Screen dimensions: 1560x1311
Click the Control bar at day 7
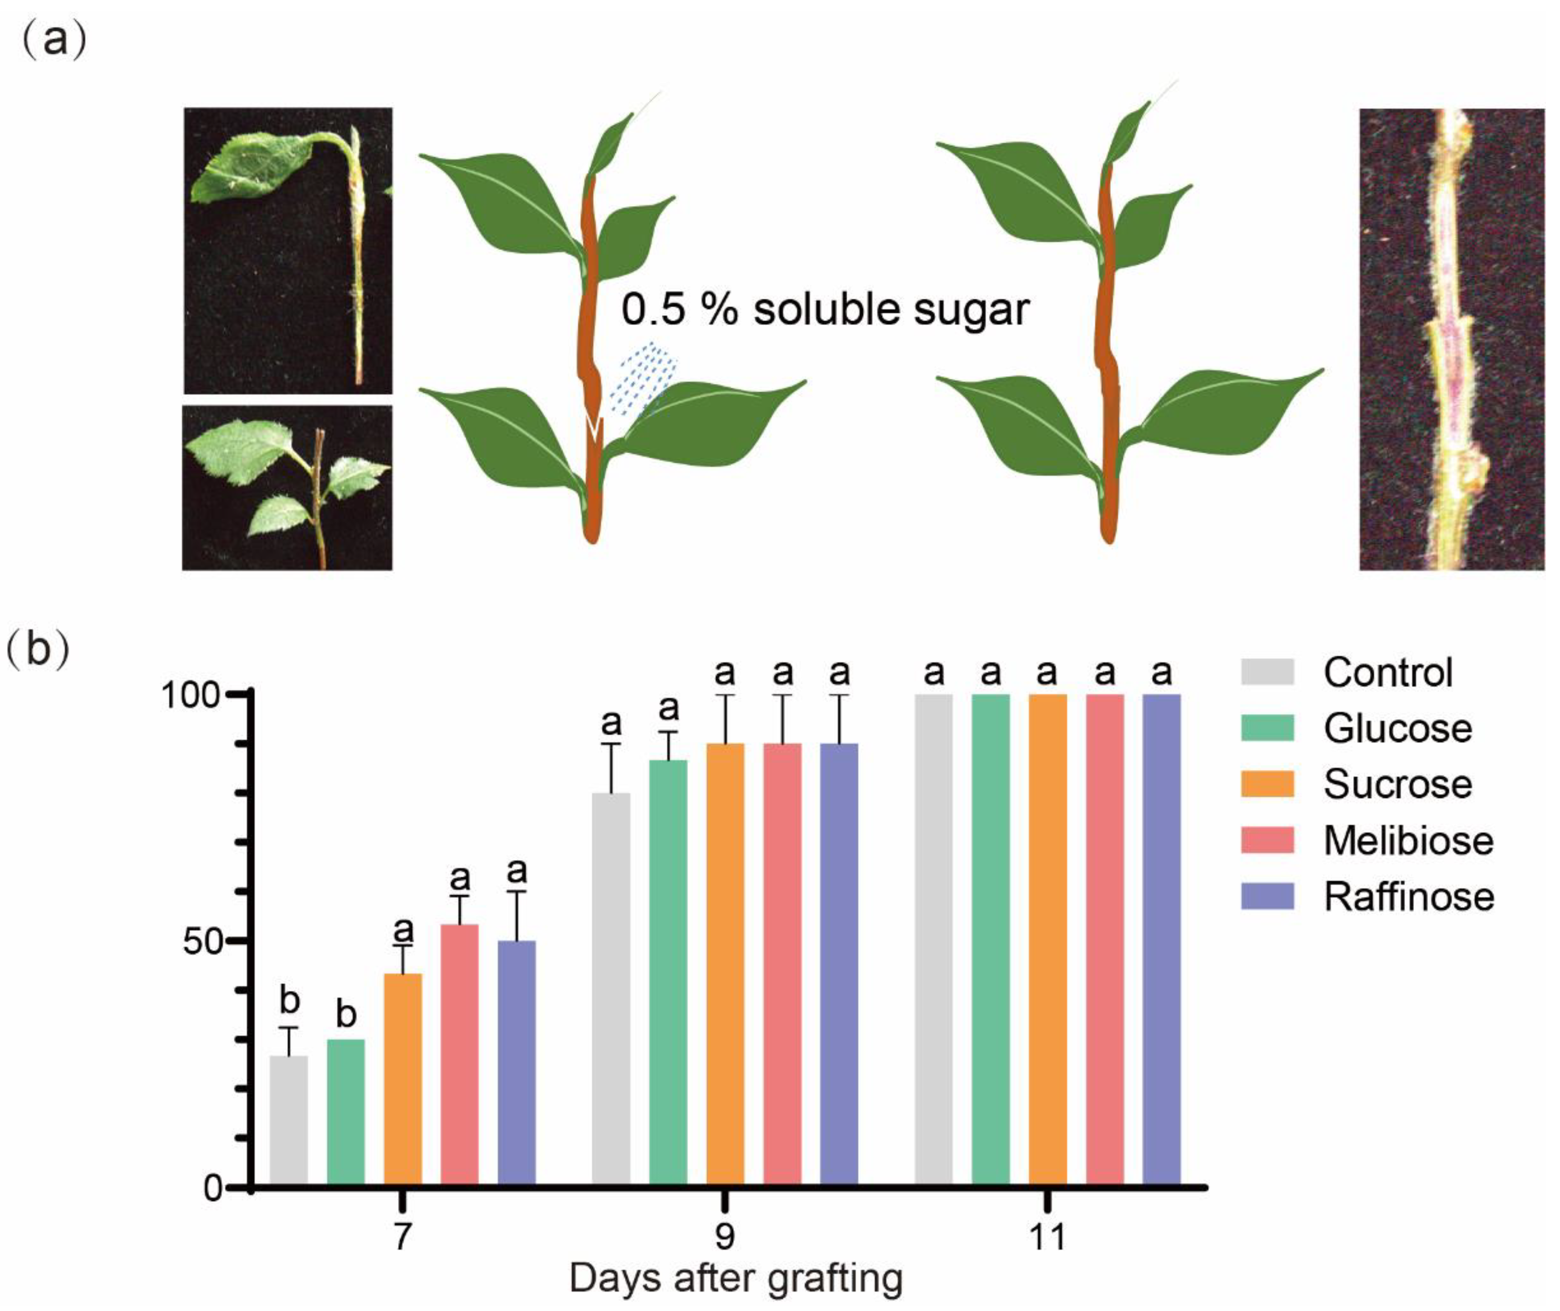[288, 1123]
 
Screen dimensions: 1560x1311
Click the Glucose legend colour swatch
[1267, 728]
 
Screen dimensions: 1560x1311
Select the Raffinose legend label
[1408, 897]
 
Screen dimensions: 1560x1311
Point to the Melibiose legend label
[1408, 840]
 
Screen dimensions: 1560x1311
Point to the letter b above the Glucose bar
[346, 1015]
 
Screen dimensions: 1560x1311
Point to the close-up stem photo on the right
[1451, 339]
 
